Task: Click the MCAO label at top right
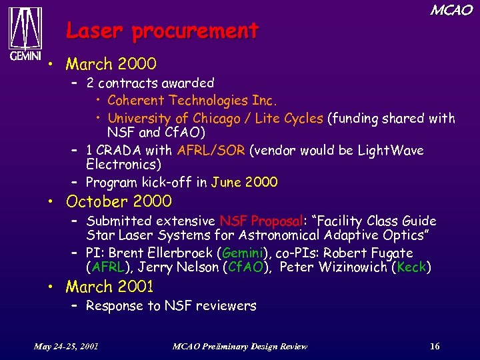pyautogui.click(x=451, y=10)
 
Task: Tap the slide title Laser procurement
pyautogui.click(x=162, y=31)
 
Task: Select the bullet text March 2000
pyautogui.click(x=111, y=64)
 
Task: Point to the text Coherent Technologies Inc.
pyautogui.click(x=192, y=101)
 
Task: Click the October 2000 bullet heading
pyautogui.click(x=119, y=201)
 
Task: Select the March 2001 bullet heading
pyautogui.click(x=111, y=287)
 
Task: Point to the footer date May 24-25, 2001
pyautogui.click(x=67, y=346)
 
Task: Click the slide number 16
pyautogui.click(x=435, y=346)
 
